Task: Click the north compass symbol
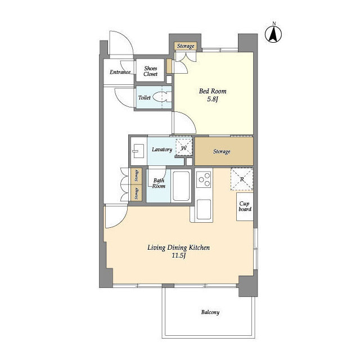273,34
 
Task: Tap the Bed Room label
213,91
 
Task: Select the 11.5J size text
179,255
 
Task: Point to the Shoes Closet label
150,71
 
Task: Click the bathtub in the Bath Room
181,186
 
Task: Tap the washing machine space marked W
184,147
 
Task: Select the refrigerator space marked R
242,179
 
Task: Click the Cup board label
245,206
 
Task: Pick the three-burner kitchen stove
204,179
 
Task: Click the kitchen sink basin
204,209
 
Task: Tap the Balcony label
210,312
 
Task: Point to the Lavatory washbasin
138,151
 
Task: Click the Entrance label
120,72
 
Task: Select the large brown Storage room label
222,151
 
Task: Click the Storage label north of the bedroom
186,46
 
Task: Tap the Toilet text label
145,97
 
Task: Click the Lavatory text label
162,150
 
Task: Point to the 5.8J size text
213,100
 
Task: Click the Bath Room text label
159,183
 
